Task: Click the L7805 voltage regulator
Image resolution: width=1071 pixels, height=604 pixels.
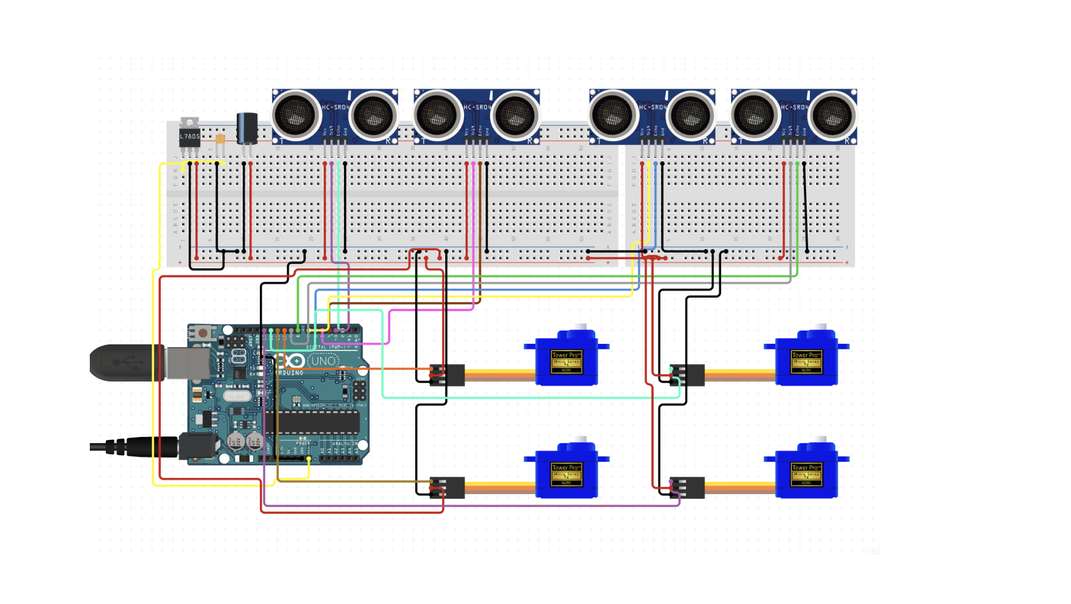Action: [189, 136]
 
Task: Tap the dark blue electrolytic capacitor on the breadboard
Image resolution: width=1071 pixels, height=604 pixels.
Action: [247, 128]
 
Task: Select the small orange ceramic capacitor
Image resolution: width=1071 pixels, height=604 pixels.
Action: [220, 138]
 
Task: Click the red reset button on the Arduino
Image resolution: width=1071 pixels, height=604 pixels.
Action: [202, 333]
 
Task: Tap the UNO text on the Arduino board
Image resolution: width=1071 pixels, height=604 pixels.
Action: [323, 361]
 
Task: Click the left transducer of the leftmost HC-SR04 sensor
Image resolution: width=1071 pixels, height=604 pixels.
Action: [296, 116]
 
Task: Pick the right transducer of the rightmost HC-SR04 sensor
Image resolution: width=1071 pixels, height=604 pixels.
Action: [832, 116]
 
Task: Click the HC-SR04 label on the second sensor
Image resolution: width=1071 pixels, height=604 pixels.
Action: [477, 107]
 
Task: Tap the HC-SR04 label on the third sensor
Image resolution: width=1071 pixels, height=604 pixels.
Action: [653, 107]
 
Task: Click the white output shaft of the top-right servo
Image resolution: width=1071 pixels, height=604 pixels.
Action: [821, 327]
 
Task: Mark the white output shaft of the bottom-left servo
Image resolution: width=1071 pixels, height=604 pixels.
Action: [581, 440]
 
